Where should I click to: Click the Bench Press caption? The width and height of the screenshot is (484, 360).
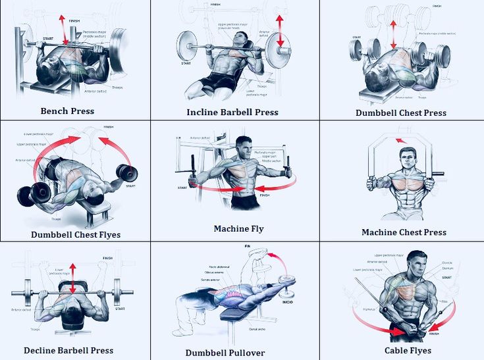click(x=67, y=111)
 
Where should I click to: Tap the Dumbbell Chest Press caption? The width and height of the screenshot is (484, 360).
click(x=400, y=113)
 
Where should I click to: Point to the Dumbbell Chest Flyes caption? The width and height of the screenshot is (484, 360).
click(x=76, y=234)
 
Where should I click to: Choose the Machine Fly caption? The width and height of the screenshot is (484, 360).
click(x=238, y=228)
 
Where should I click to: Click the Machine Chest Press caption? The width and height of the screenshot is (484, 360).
click(x=404, y=232)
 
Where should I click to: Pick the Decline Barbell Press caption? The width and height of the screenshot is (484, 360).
click(x=68, y=350)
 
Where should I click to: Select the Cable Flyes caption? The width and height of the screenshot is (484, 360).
click(x=408, y=350)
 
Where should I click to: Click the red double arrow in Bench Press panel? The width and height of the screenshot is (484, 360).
click(x=64, y=30)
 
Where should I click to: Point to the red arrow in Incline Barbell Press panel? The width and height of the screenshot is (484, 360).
click(x=280, y=32)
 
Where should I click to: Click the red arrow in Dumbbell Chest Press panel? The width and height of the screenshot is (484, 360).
click(x=393, y=34)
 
